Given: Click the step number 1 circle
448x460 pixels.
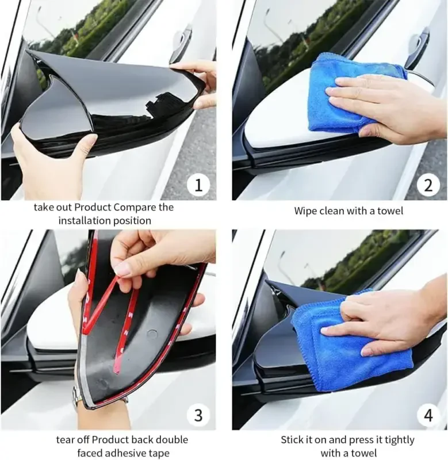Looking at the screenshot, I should [x=198, y=185].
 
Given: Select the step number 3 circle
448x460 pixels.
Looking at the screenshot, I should [x=198, y=415].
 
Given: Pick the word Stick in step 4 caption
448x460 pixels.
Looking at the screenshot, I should [x=293, y=440].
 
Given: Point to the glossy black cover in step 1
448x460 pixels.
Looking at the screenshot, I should [x=109, y=103].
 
